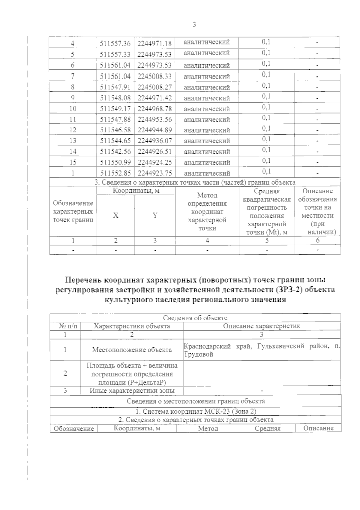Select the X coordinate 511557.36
pyautogui.click(x=115, y=44)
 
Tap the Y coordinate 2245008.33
pyautogui.click(x=154, y=76)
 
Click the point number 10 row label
pyautogui.click(x=73, y=109)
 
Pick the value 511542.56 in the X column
pyautogui.click(x=115, y=152)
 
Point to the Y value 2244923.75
pyautogui.click(x=154, y=173)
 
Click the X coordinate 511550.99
pyautogui.click(x=115, y=162)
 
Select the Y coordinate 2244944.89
pyautogui.click(x=154, y=130)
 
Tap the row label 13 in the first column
pyautogui.click(x=73, y=141)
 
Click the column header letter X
pyautogui.click(x=115, y=216)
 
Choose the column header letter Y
pyautogui.click(x=155, y=216)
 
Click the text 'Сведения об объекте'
pyautogui.click(x=195, y=318)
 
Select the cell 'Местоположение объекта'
pyautogui.click(x=132, y=350)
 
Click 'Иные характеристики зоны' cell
pyautogui.click(x=132, y=391)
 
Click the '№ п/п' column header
pyautogui.click(x=65, y=326)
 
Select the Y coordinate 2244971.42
pyautogui.click(x=154, y=98)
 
